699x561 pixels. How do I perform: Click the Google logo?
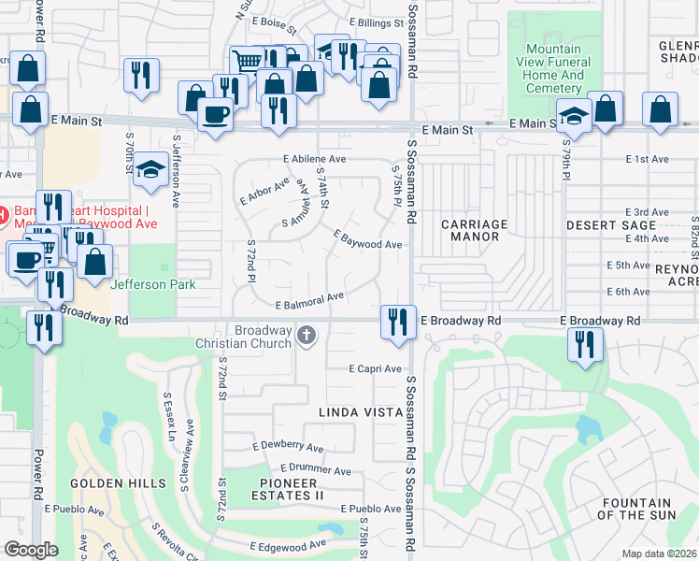pos(30,550)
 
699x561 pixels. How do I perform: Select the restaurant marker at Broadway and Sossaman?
pos(398,322)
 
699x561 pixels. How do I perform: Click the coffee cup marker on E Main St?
pos(215,114)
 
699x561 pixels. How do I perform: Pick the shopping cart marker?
pos(246,62)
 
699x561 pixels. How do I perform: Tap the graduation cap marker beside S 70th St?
pos(149,170)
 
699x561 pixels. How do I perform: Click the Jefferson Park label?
pos(153,284)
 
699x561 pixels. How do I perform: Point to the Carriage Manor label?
pos(474,231)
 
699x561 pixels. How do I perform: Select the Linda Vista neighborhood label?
pos(357,411)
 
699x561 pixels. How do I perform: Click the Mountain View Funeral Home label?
pos(554,68)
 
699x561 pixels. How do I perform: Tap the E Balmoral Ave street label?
pos(309,300)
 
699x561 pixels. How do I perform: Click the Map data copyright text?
pos(660,554)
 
